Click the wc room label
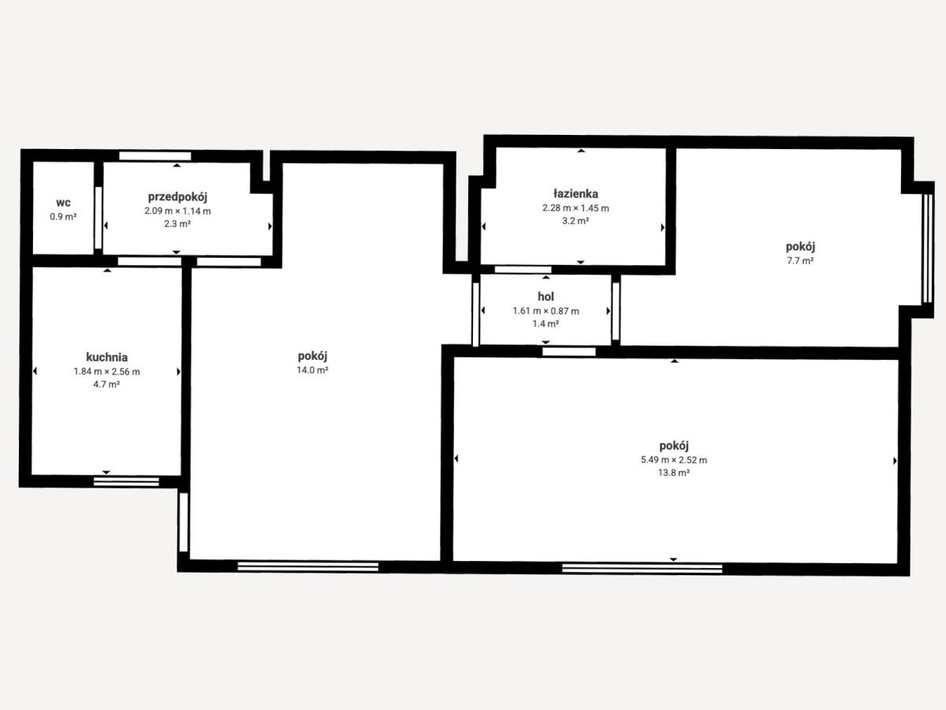pos(63,203)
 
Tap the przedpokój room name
pos(177,197)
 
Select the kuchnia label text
pos(107,357)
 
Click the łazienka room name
pos(575,193)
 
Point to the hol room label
pos(546,297)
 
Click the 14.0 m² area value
pos(312,370)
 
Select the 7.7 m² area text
pos(800,261)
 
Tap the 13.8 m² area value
pos(673,473)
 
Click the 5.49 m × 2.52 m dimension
pos(674,460)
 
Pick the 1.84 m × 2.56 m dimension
pos(107,372)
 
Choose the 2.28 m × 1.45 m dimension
pos(575,208)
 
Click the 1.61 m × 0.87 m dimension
pos(546,311)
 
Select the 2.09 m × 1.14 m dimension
pos(177,211)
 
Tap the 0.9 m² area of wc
pos(63,216)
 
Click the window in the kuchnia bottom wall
pos(126,481)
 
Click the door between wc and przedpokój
pos(99,218)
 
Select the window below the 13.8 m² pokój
pos(642,569)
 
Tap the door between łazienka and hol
pos(523,270)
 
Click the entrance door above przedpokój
pos(155,156)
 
